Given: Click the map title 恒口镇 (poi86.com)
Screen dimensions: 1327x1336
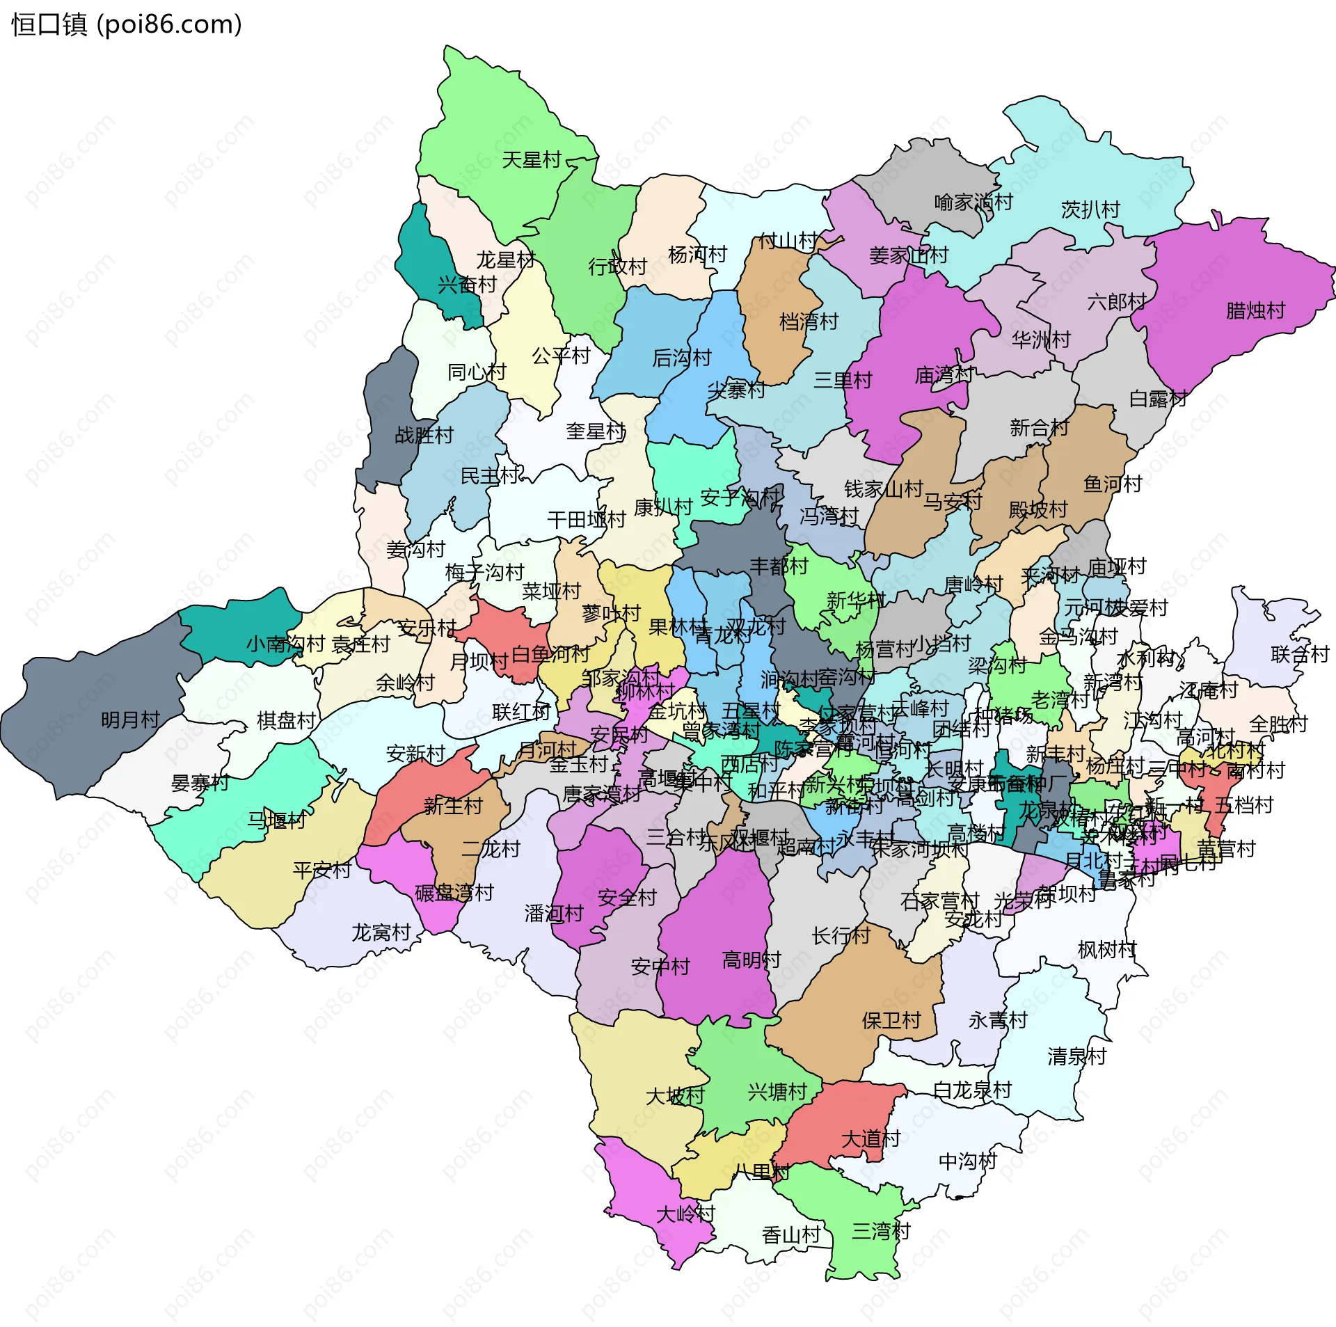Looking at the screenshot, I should pyautogui.click(x=127, y=24).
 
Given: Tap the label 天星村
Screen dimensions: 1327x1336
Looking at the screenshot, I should pyautogui.click(x=532, y=160).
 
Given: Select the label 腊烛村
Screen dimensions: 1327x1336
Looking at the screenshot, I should pyautogui.click(x=1255, y=310).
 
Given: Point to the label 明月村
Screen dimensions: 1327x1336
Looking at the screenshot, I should pyautogui.click(x=131, y=720).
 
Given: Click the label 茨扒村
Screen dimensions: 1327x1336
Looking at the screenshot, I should pyautogui.click(x=1090, y=209).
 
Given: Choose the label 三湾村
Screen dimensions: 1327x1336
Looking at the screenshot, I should pyautogui.click(x=881, y=1232).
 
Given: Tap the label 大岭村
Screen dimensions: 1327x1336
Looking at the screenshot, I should pyautogui.click(x=685, y=1214).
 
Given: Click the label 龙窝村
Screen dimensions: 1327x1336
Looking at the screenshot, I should pyautogui.click(x=381, y=932).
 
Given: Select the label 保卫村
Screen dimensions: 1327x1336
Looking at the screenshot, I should pyautogui.click(x=891, y=1021).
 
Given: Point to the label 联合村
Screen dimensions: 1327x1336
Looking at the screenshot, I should pyautogui.click(x=1300, y=654).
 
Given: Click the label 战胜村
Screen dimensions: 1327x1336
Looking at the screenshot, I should pyautogui.click(x=424, y=436).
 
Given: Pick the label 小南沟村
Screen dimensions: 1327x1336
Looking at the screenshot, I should pyautogui.click(x=286, y=644).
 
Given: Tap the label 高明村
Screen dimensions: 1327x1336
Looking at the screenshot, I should pyautogui.click(x=751, y=960).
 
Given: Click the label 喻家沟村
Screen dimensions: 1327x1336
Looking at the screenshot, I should pyautogui.click(x=973, y=202).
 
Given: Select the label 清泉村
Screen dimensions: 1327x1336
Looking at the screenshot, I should pyautogui.click(x=1077, y=1056).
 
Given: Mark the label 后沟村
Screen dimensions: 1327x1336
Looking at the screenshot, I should pyautogui.click(x=682, y=358).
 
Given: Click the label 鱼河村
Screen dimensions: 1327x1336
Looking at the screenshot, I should pyautogui.click(x=1113, y=484).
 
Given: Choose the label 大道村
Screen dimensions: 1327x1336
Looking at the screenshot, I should pyautogui.click(x=870, y=1139).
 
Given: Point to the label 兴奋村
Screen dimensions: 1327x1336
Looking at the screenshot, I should pyautogui.click(x=467, y=285).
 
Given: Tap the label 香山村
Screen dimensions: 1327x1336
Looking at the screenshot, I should pyautogui.click(x=791, y=1235).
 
